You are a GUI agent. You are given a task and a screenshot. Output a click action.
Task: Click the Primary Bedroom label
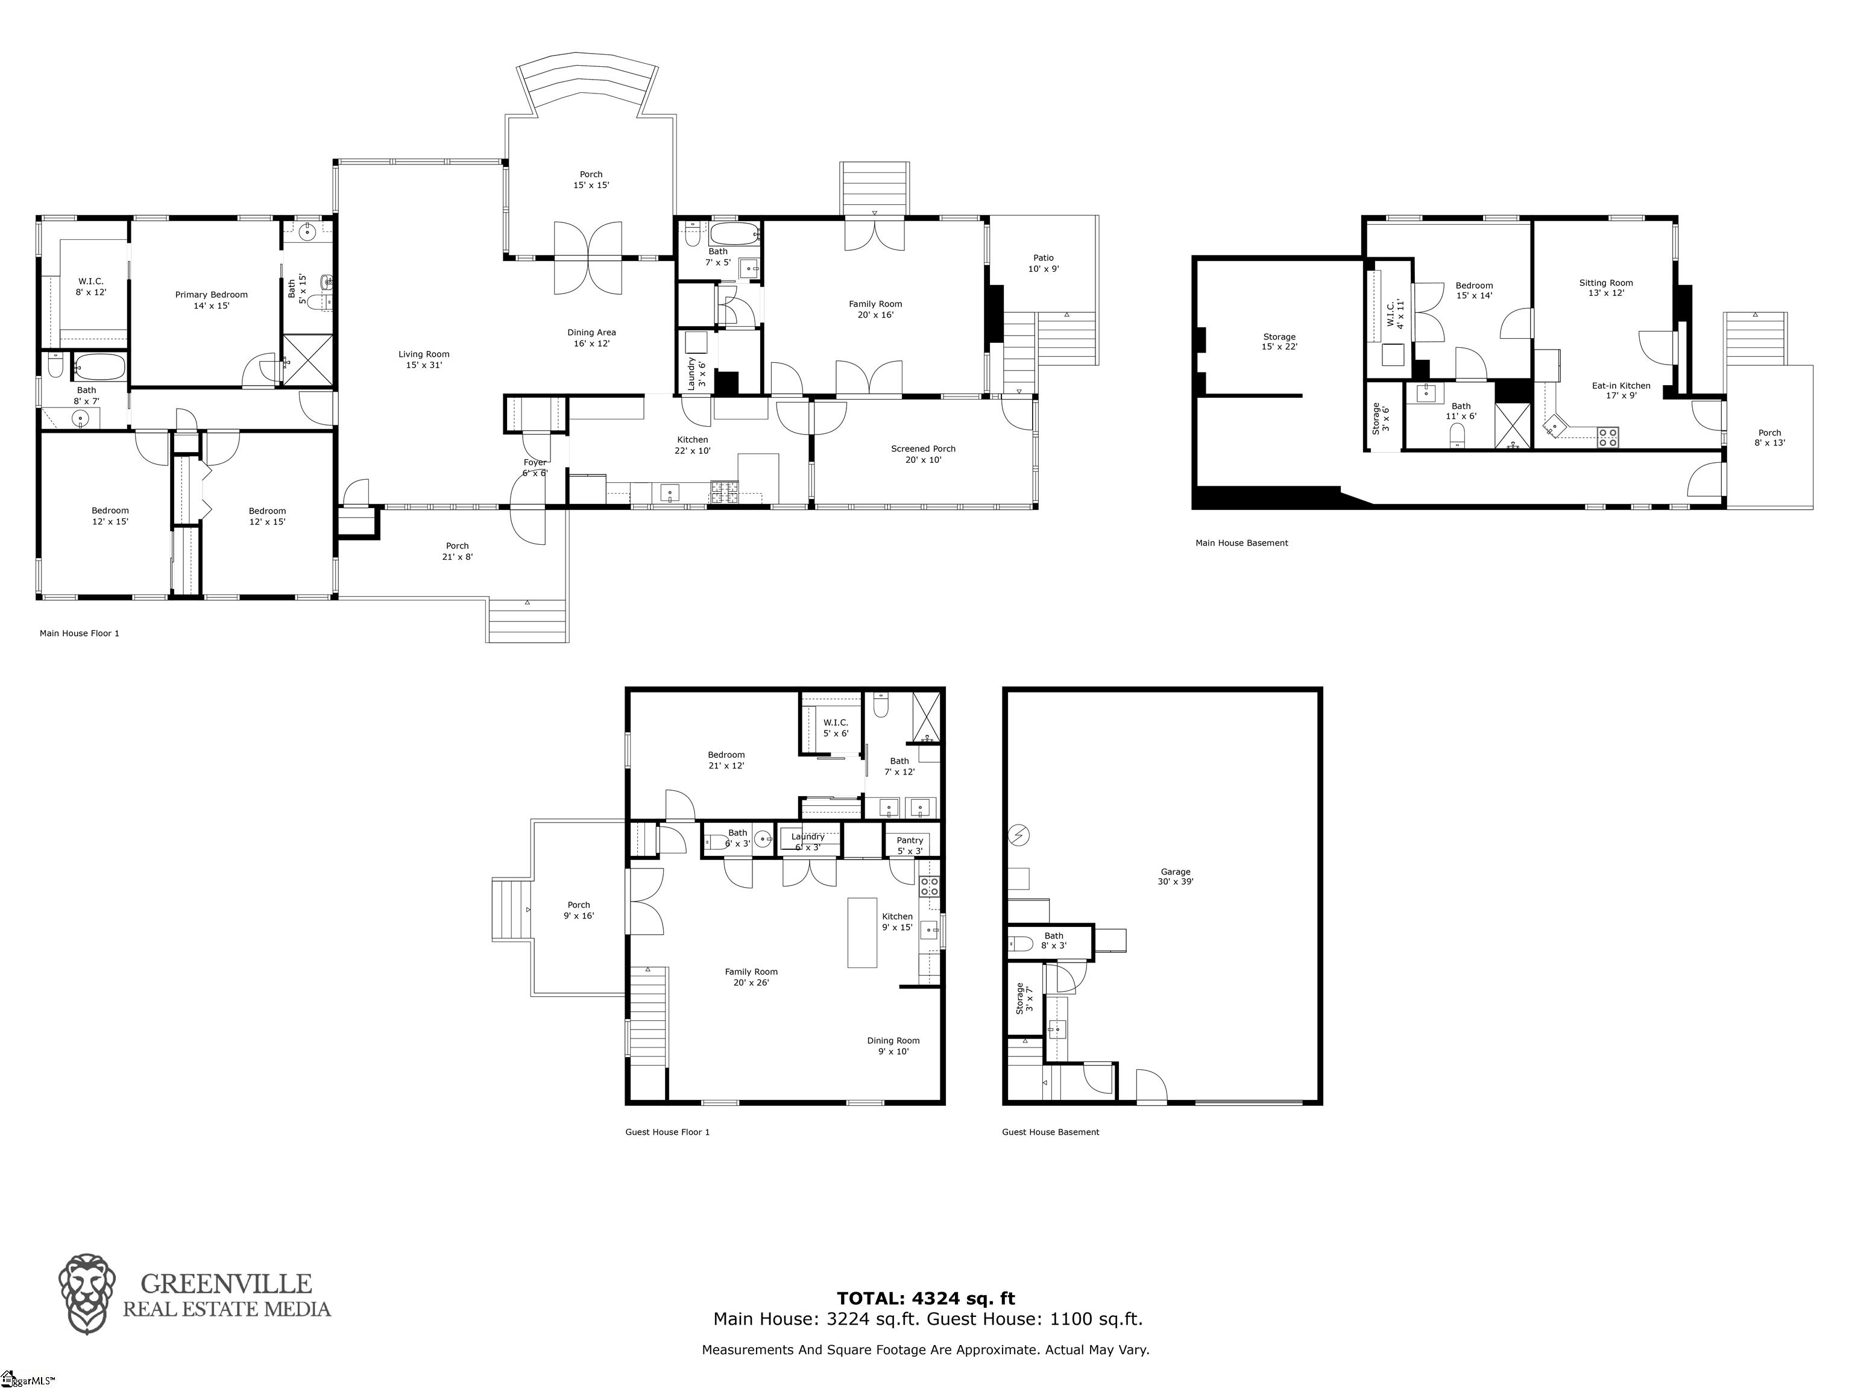coord(211,300)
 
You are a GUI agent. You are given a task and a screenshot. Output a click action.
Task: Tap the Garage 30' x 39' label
coord(1174,876)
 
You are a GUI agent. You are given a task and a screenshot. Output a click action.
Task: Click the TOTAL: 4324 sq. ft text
coord(926,1298)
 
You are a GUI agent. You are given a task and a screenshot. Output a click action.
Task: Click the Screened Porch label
coord(922,454)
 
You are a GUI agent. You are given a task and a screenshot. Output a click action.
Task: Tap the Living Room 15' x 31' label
coord(424,359)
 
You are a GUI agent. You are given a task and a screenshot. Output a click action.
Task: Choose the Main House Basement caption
coord(1242,543)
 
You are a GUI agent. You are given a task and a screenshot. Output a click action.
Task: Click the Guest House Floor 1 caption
coord(667,1132)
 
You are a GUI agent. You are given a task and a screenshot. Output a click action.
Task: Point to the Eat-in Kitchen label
coord(1621,390)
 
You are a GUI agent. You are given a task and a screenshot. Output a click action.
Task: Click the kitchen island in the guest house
coord(862,932)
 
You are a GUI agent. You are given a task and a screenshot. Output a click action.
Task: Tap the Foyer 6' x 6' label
coord(535,467)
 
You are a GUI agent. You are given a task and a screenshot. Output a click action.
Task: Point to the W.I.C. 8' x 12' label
coord(90,286)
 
